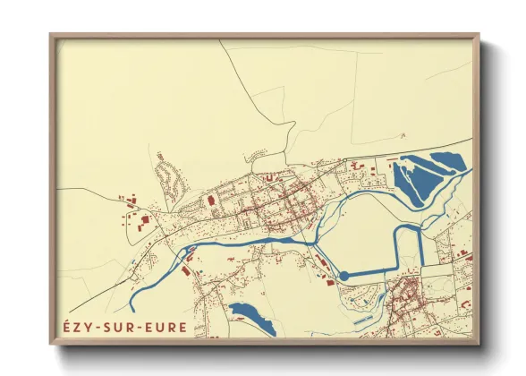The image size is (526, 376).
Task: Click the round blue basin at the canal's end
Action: [x=345, y=275]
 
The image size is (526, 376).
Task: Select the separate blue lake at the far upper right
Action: [x=447, y=163]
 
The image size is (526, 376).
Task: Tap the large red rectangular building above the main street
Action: [x=212, y=200]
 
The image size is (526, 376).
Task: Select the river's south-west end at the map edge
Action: [x=132, y=306]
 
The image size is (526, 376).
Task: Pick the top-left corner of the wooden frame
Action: [x=52, y=36]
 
